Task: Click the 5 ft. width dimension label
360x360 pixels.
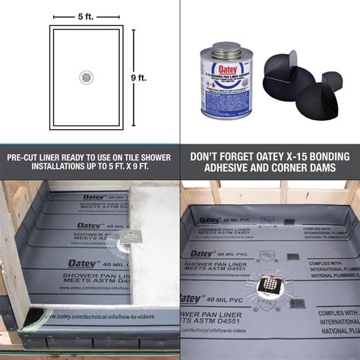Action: (x=87, y=16)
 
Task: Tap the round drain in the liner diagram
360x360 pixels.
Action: (x=87, y=77)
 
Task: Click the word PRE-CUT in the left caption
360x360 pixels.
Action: (x=27, y=156)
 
